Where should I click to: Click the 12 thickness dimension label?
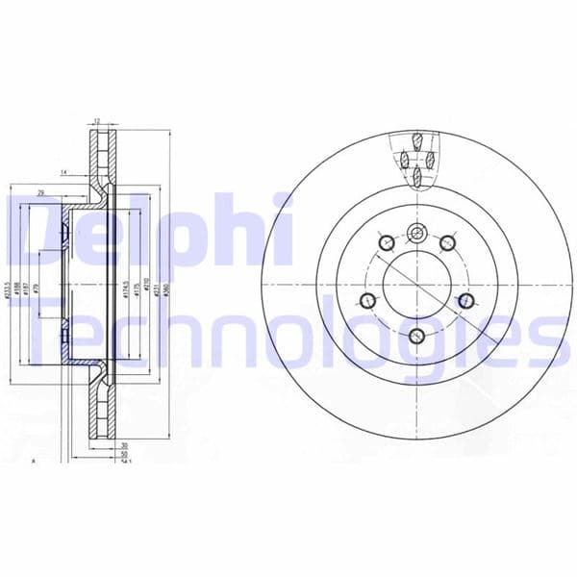(x=97, y=122)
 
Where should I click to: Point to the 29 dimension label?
(x=40, y=193)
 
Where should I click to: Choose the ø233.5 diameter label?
(x=8, y=294)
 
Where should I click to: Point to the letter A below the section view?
(x=35, y=461)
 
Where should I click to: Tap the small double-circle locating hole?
(x=415, y=231)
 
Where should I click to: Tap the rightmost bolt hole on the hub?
(x=465, y=302)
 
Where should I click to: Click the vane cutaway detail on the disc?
(x=416, y=159)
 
